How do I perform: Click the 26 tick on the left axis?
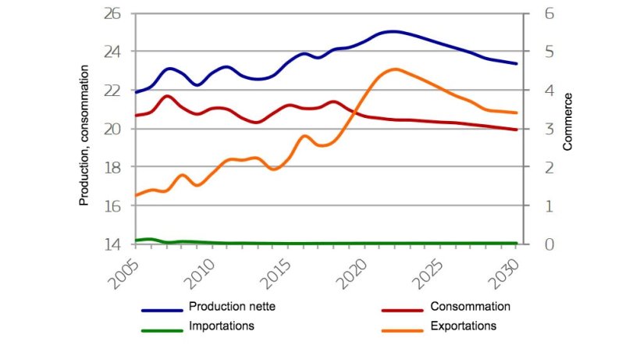[113, 13]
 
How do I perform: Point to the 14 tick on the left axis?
[113, 244]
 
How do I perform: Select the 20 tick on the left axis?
[113, 129]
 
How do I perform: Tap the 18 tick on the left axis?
[113, 167]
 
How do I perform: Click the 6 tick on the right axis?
[538, 13]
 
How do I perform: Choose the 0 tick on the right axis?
[538, 244]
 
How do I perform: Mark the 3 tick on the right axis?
[538, 129]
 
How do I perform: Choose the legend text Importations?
[221, 326]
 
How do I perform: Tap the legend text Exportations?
[463, 326]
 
